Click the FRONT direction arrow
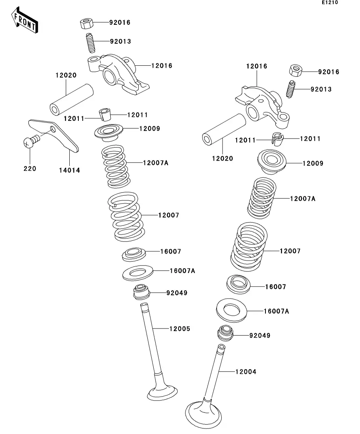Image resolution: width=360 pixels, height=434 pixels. (x=24, y=20)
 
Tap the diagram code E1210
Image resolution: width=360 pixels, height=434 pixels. (x=330, y=2)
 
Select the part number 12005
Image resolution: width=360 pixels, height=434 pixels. (x=180, y=329)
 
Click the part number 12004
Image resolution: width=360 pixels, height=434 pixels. (x=246, y=372)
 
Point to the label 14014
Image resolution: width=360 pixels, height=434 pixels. (x=70, y=170)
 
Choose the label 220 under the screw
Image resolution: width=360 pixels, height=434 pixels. (x=30, y=168)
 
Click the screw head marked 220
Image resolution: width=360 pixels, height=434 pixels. (x=28, y=142)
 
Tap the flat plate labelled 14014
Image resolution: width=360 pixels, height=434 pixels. (x=54, y=135)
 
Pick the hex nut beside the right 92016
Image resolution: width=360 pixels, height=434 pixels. (x=296, y=70)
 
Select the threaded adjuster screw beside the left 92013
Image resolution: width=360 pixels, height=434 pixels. (x=90, y=42)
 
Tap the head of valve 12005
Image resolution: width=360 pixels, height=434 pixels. (x=162, y=393)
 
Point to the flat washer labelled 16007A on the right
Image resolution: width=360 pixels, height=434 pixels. (x=232, y=310)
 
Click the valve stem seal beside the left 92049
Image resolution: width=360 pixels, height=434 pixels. (x=142, y=292)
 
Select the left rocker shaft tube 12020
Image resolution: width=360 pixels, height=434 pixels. (x=72, y=100)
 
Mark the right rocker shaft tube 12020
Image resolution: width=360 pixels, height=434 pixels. (x=224, y=130)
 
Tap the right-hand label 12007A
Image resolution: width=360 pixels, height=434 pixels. (x=302, y=199)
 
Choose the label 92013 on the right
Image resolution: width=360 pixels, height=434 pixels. (x=321, y=89)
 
